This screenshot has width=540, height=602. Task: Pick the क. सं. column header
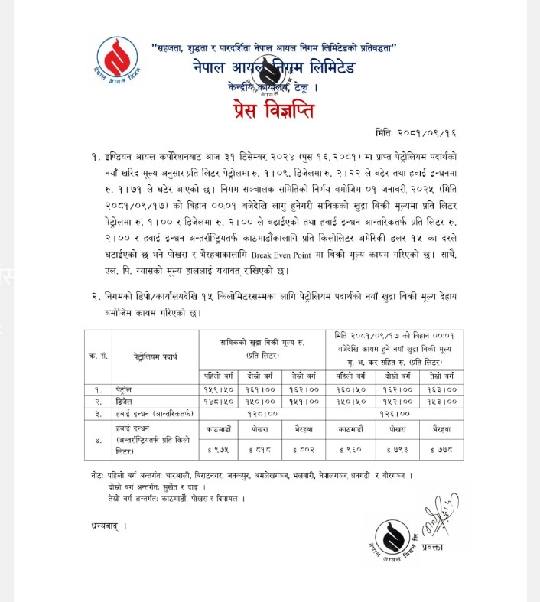96,356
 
